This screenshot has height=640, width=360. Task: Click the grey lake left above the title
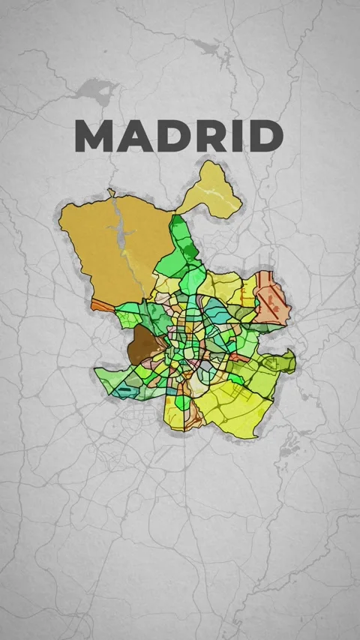coord(92,92)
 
